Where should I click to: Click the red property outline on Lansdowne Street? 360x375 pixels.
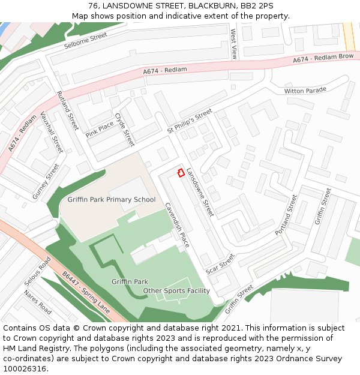click(x=180, y=173)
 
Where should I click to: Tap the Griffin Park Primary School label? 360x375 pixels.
click(x=112, y=200)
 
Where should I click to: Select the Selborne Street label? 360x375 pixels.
click(x=85, y=41)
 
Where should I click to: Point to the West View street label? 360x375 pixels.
click(x=233, y=44)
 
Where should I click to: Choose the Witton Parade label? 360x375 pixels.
click(x=305, y=91)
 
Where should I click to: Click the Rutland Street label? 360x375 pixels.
click(x=67, y=110)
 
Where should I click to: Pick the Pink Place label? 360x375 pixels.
click(x=100, y=130)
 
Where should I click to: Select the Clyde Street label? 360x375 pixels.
click(x=125, y=130)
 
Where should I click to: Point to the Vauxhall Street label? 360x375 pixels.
click(x=52, y=132)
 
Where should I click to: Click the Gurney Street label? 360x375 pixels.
click(x=46, y=181)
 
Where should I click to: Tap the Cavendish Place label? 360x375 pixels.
click(x=178, y=225)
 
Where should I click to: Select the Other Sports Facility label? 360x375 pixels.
click(x=176, y=291)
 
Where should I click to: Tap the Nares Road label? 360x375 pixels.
click(x=37, y=302)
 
